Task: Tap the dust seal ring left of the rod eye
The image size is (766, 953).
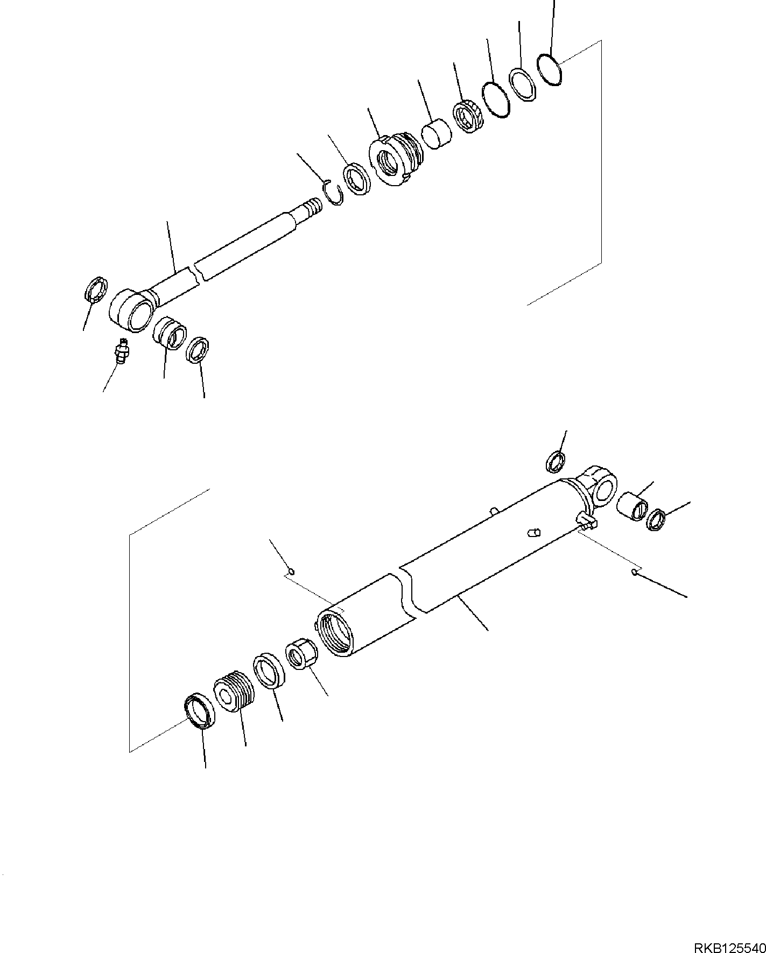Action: click(x=96, y=290)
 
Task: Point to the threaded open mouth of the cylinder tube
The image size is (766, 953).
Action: click(x=335, y=632)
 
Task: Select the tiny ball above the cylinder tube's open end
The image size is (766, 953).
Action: click(x=291, y=571)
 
